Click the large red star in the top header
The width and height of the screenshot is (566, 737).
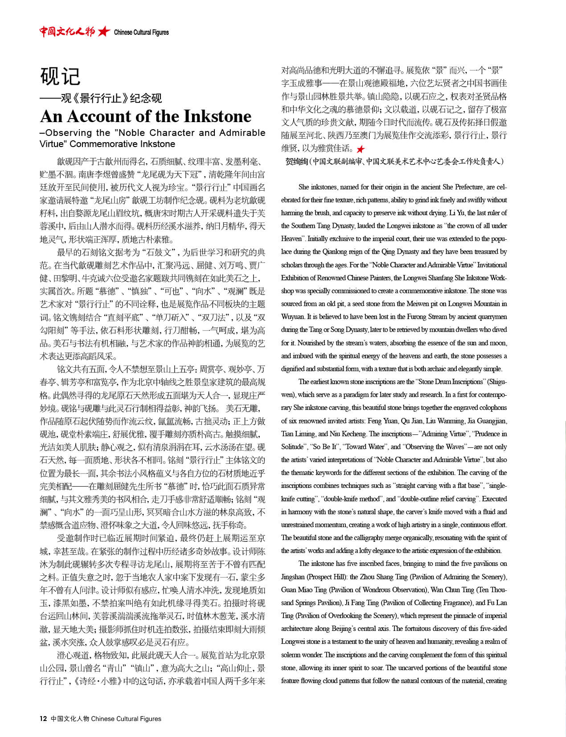(x=104, y=31)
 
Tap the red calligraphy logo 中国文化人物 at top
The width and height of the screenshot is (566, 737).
(x=67, y=31)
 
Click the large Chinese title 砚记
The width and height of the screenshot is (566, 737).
(x=60, y=77)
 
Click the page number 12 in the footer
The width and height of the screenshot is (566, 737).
(x=43, y=718)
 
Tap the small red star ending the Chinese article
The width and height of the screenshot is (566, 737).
(x=360, y=149)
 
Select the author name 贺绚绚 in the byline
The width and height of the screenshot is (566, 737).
(x=296, y=161)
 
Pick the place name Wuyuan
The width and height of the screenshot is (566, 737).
(x=293, y=317)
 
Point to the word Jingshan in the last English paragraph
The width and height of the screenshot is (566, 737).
(x=293, y=577)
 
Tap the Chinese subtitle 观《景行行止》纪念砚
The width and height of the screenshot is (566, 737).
(x=111, y=98)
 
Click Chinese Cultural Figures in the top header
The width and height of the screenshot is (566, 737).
(x=141, y=32)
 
